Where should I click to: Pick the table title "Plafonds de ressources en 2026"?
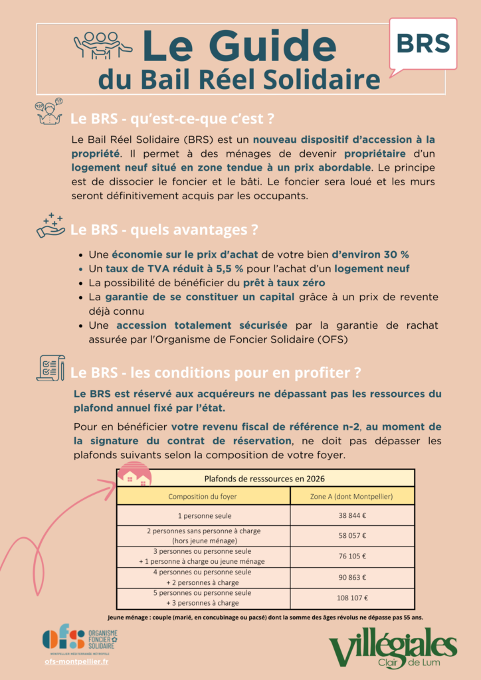click(x=264, y=478)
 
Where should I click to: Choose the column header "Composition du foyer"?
click(x=203, y=496)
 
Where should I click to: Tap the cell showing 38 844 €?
click(x=352, y=515)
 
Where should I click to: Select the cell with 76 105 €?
click(x=352, y=556)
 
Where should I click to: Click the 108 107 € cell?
click(x=352, y=598)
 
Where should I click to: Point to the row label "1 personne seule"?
click(x=203, y=515)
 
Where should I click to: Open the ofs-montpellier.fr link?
click(x=77, y=661)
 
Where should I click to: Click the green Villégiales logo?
click(x=393, y=649)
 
